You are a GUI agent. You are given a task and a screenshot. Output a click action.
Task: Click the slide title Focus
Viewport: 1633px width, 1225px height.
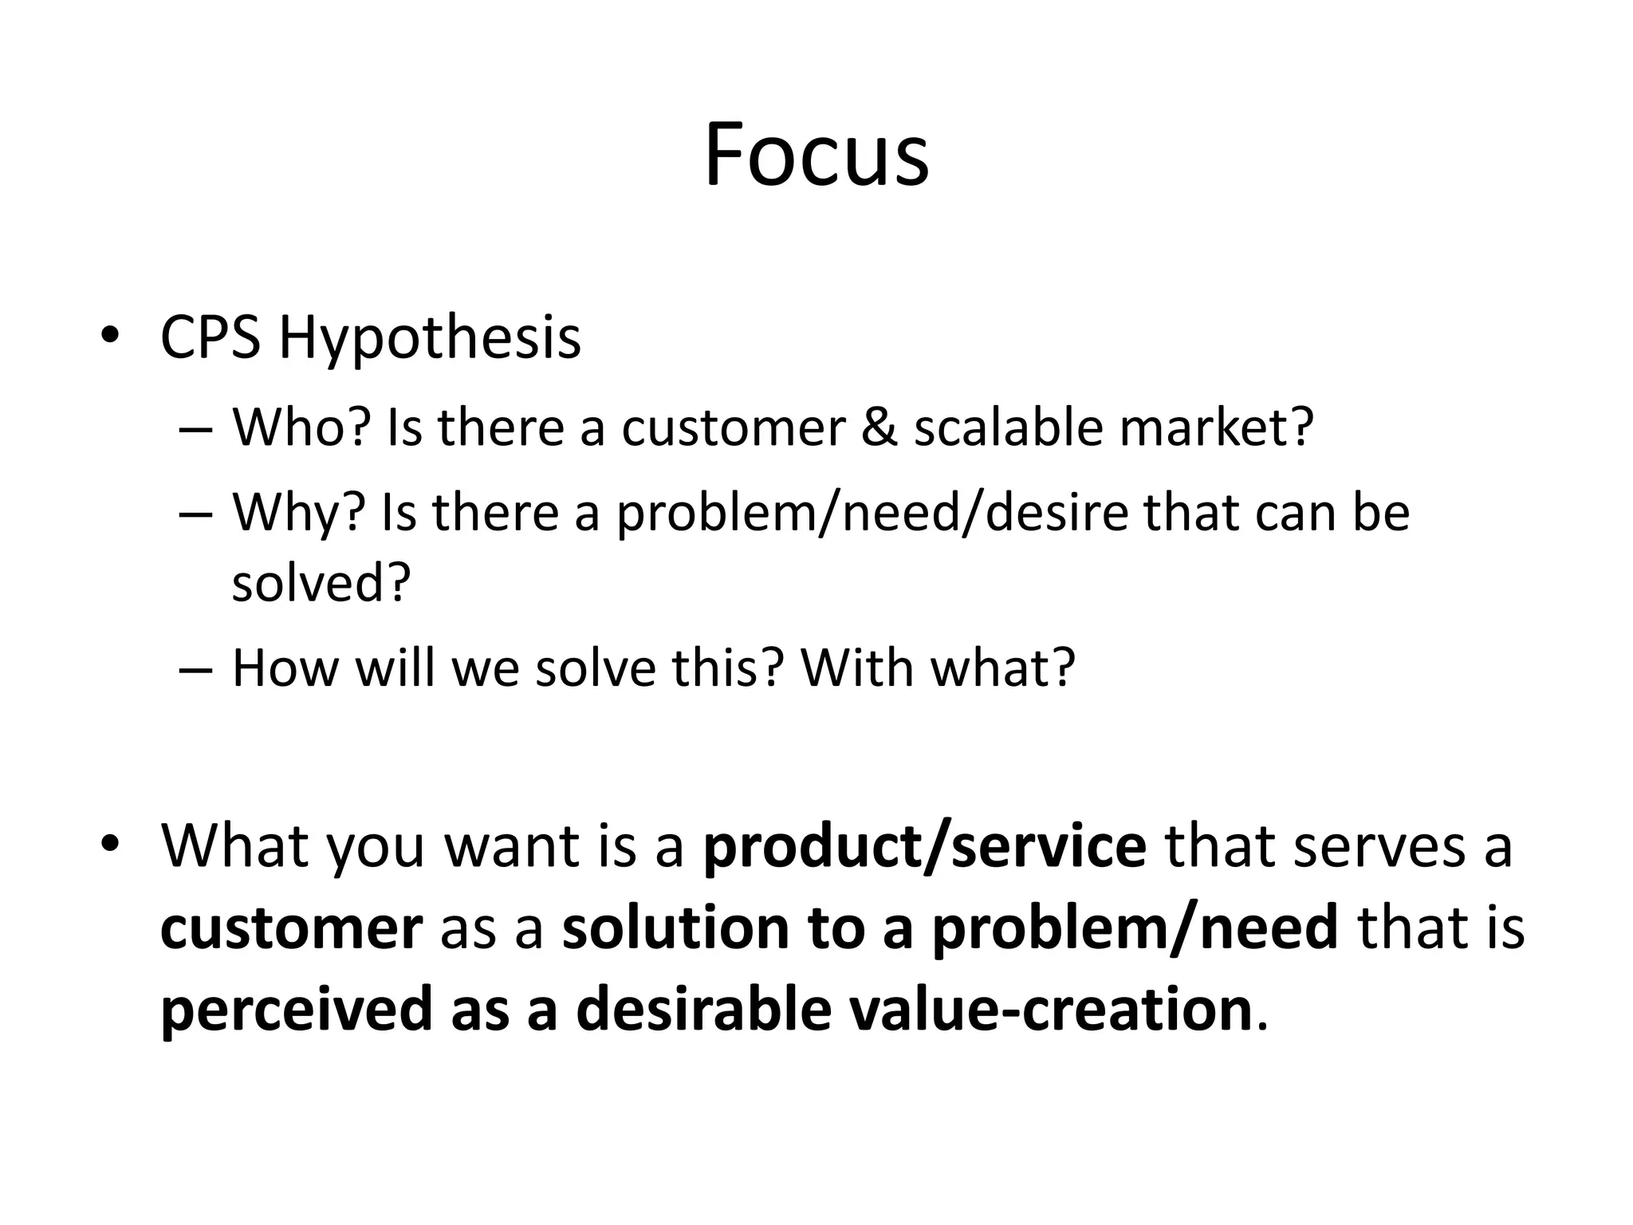[x=816, y=155]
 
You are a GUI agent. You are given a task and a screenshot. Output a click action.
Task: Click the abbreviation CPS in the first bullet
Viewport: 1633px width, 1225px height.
[x=211, y=338]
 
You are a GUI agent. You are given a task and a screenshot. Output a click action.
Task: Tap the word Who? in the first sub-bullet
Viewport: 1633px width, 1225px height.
[x=302, y=427]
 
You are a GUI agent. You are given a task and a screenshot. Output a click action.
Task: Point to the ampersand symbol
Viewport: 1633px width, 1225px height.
[x=879, y=427]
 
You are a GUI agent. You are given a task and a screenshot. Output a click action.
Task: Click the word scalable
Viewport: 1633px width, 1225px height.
[x=1008, y=427]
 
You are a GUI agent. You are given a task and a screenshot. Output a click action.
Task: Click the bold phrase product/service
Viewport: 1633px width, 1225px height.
[x=925, y=846]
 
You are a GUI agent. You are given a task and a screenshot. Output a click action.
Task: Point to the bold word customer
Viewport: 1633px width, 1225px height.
[x=291, y=928]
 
